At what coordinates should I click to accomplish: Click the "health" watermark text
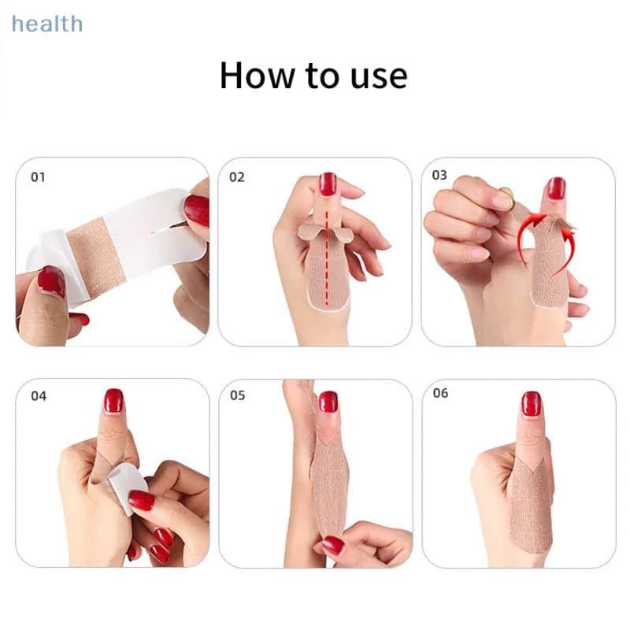pyautogui.click(x=47, y=24)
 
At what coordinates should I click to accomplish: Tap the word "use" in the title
pyautogui.click(x=379, y=77)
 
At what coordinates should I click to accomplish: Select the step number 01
pyautogui.click(x=38, y=177)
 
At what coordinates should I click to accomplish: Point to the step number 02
pyautogui.click(x=237, y=177)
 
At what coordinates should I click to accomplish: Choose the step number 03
pyautogui.click(x=439, y=175)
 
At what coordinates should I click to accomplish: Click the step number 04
pyautogui.click(x=39, y=396)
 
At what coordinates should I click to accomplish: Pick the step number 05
pyautogui.click(x=238, y=395)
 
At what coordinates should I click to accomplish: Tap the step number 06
pyautogui.click(x=440, y=393)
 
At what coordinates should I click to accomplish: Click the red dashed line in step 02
pyautogui.click(x=327, y=257)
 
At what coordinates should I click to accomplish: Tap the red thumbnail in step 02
pyautogui.click(x=328, y=184)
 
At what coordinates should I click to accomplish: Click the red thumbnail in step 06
pyautogui.click(x=531, y=404)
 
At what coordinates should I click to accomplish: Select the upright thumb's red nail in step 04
pyautogui.click(x=113, y=401)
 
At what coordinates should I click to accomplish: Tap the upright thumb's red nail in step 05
pyautogui.click(x=328, y=402)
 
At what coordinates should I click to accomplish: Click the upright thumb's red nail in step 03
pyautogui.click(x=556, y=188)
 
